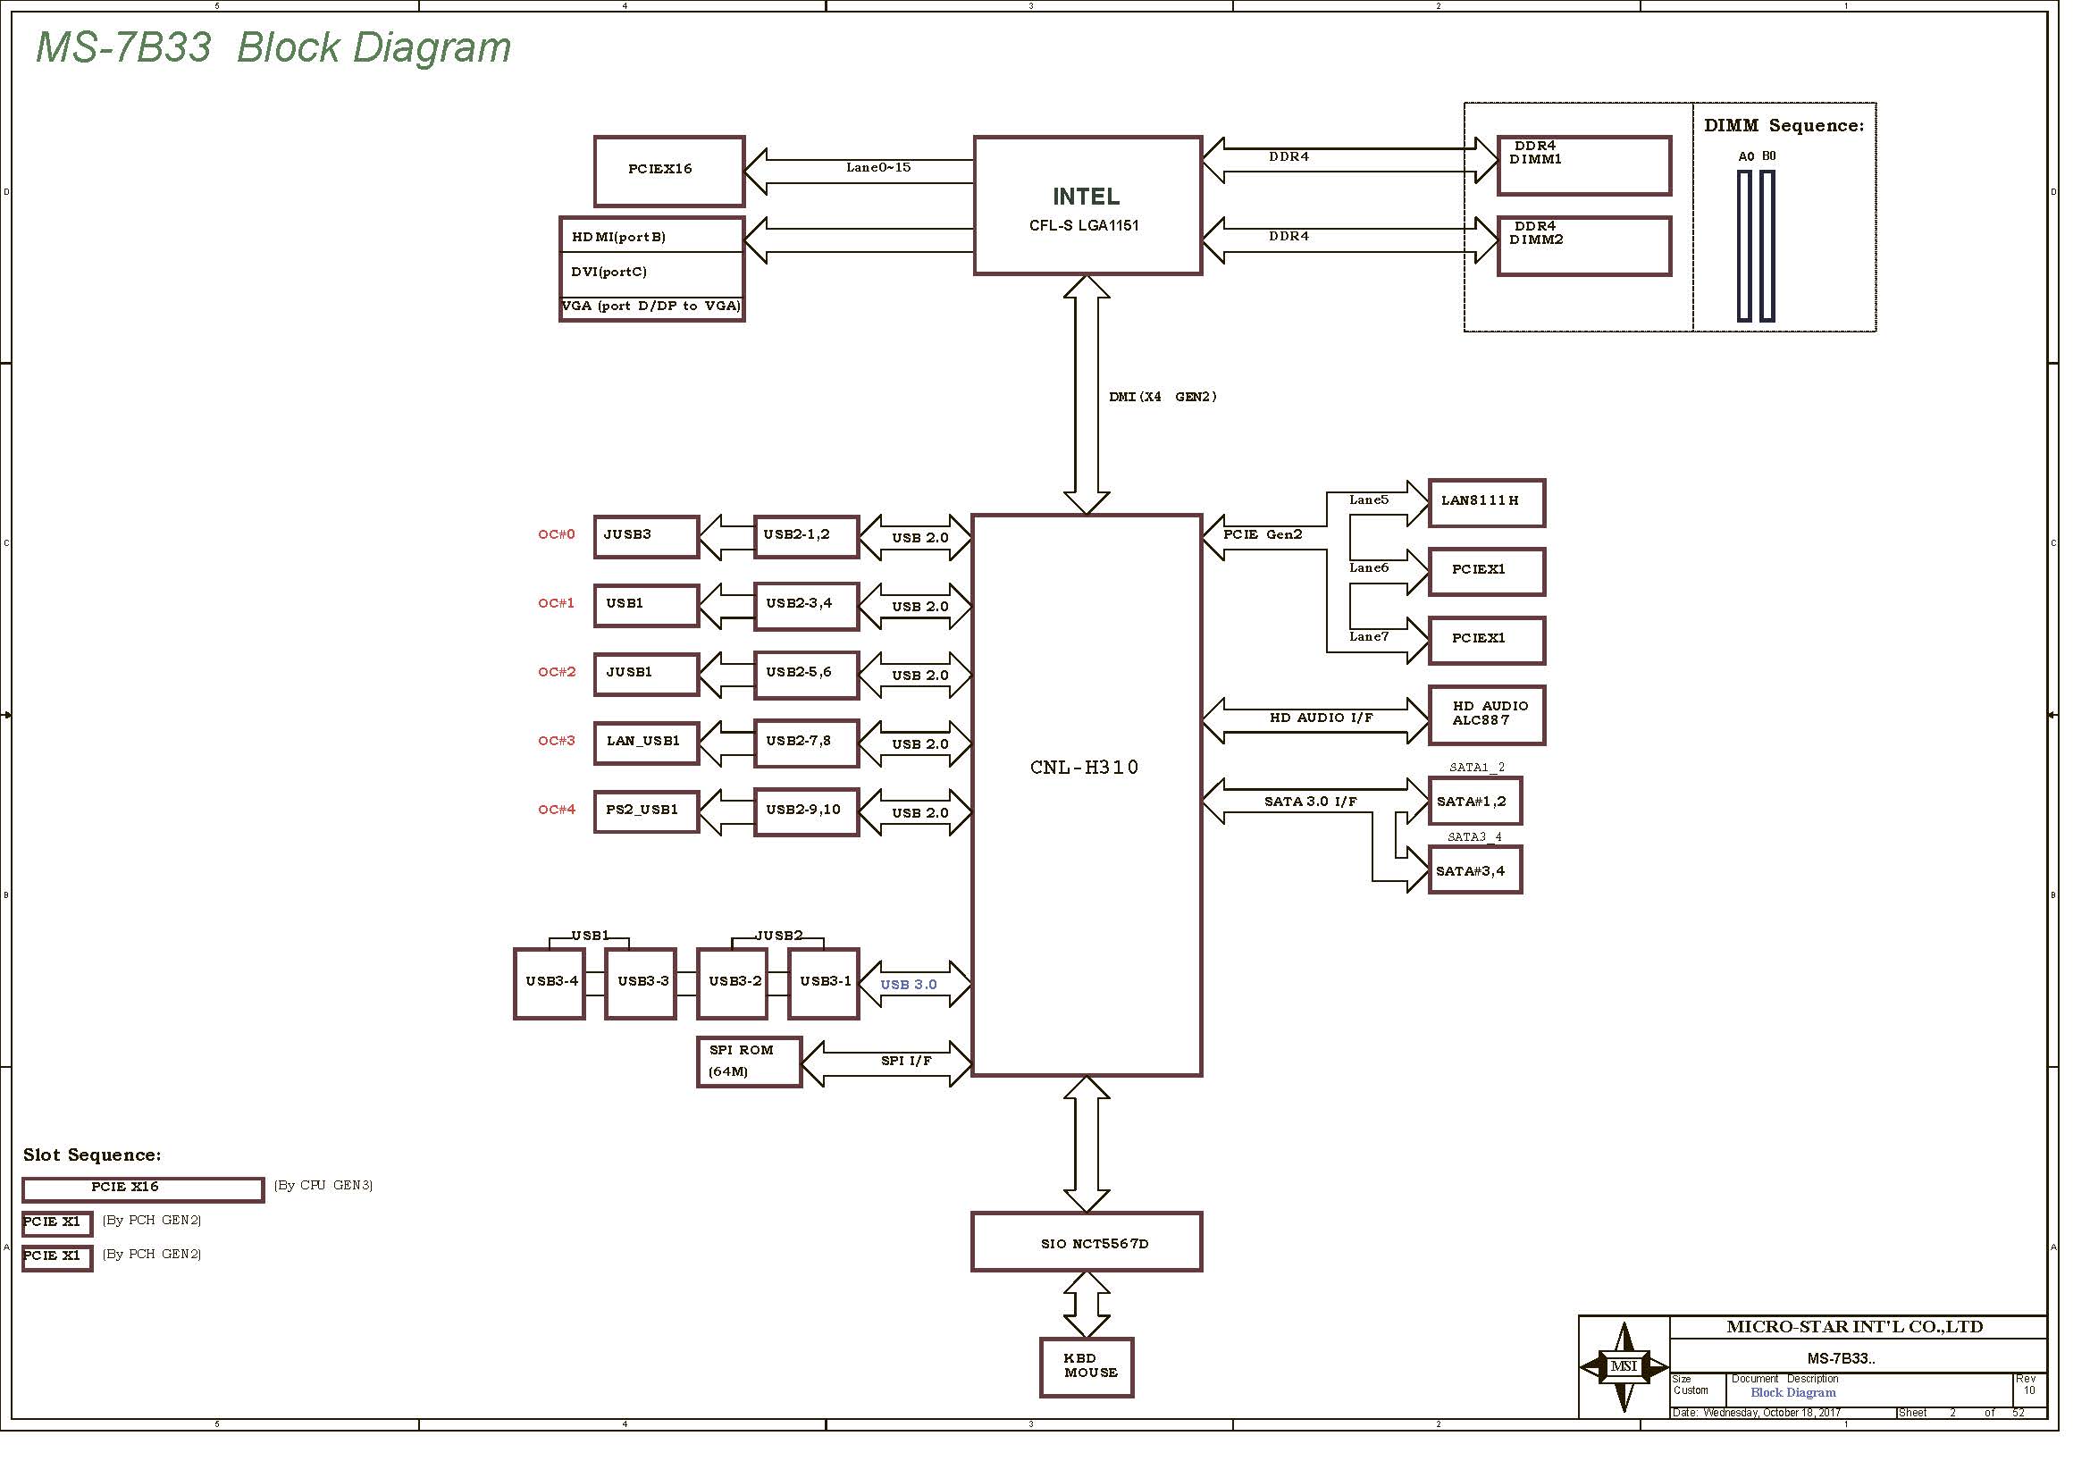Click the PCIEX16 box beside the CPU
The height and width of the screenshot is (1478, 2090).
669,171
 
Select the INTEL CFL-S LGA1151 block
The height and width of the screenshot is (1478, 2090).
1087,206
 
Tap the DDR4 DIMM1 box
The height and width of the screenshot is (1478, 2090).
1584,165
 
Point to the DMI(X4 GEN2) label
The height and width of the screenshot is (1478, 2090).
1163,397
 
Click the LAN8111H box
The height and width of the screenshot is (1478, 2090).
1487,502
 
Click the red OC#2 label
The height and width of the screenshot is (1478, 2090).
557,673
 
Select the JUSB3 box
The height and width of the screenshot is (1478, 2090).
646,537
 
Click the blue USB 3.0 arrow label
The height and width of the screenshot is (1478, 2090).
909,985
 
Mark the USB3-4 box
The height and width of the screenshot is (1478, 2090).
550,983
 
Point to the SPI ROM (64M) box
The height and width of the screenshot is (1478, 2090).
748,1062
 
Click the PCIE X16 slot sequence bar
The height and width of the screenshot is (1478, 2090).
143,1189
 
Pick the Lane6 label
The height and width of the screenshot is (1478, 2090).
1369,569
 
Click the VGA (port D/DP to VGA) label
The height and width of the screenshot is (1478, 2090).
651,307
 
